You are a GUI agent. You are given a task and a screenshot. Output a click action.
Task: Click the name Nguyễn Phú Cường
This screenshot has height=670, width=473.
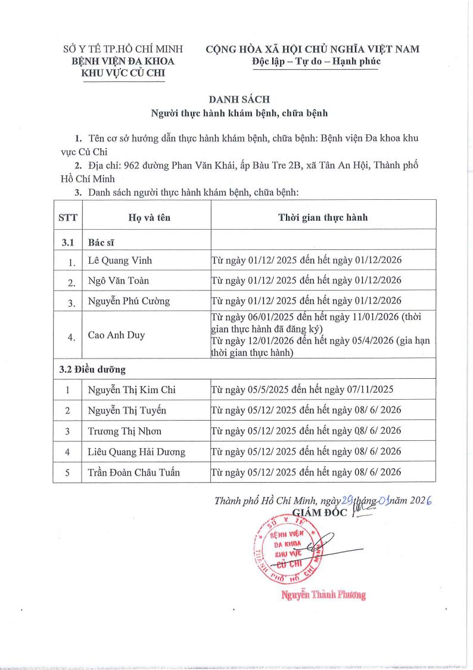click(x=128, y=301)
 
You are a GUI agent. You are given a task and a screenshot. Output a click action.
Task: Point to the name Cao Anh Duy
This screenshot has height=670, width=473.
click(x=116, y=335)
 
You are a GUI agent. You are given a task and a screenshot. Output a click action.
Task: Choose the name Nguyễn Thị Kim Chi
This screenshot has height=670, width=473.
click(x=132, y=390)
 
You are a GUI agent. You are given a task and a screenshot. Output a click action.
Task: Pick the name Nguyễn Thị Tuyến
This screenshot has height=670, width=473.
click(x=127, y=410)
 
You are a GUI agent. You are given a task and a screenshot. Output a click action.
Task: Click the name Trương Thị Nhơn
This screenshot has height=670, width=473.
click(x=124, y=431)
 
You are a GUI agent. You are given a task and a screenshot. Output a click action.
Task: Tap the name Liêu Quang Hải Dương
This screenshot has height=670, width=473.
click(x=136, y=452)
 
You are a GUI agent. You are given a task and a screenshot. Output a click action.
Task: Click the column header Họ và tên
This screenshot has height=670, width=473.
click(x=149, y=218)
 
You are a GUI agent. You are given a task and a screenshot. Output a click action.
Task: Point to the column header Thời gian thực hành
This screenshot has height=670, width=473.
click(x=322, y=217)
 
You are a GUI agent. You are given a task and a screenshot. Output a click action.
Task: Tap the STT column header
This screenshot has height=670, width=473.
click(x=68, y=218)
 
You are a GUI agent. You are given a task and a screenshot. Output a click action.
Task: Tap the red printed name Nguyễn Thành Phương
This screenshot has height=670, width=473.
click(x=323, y=594)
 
